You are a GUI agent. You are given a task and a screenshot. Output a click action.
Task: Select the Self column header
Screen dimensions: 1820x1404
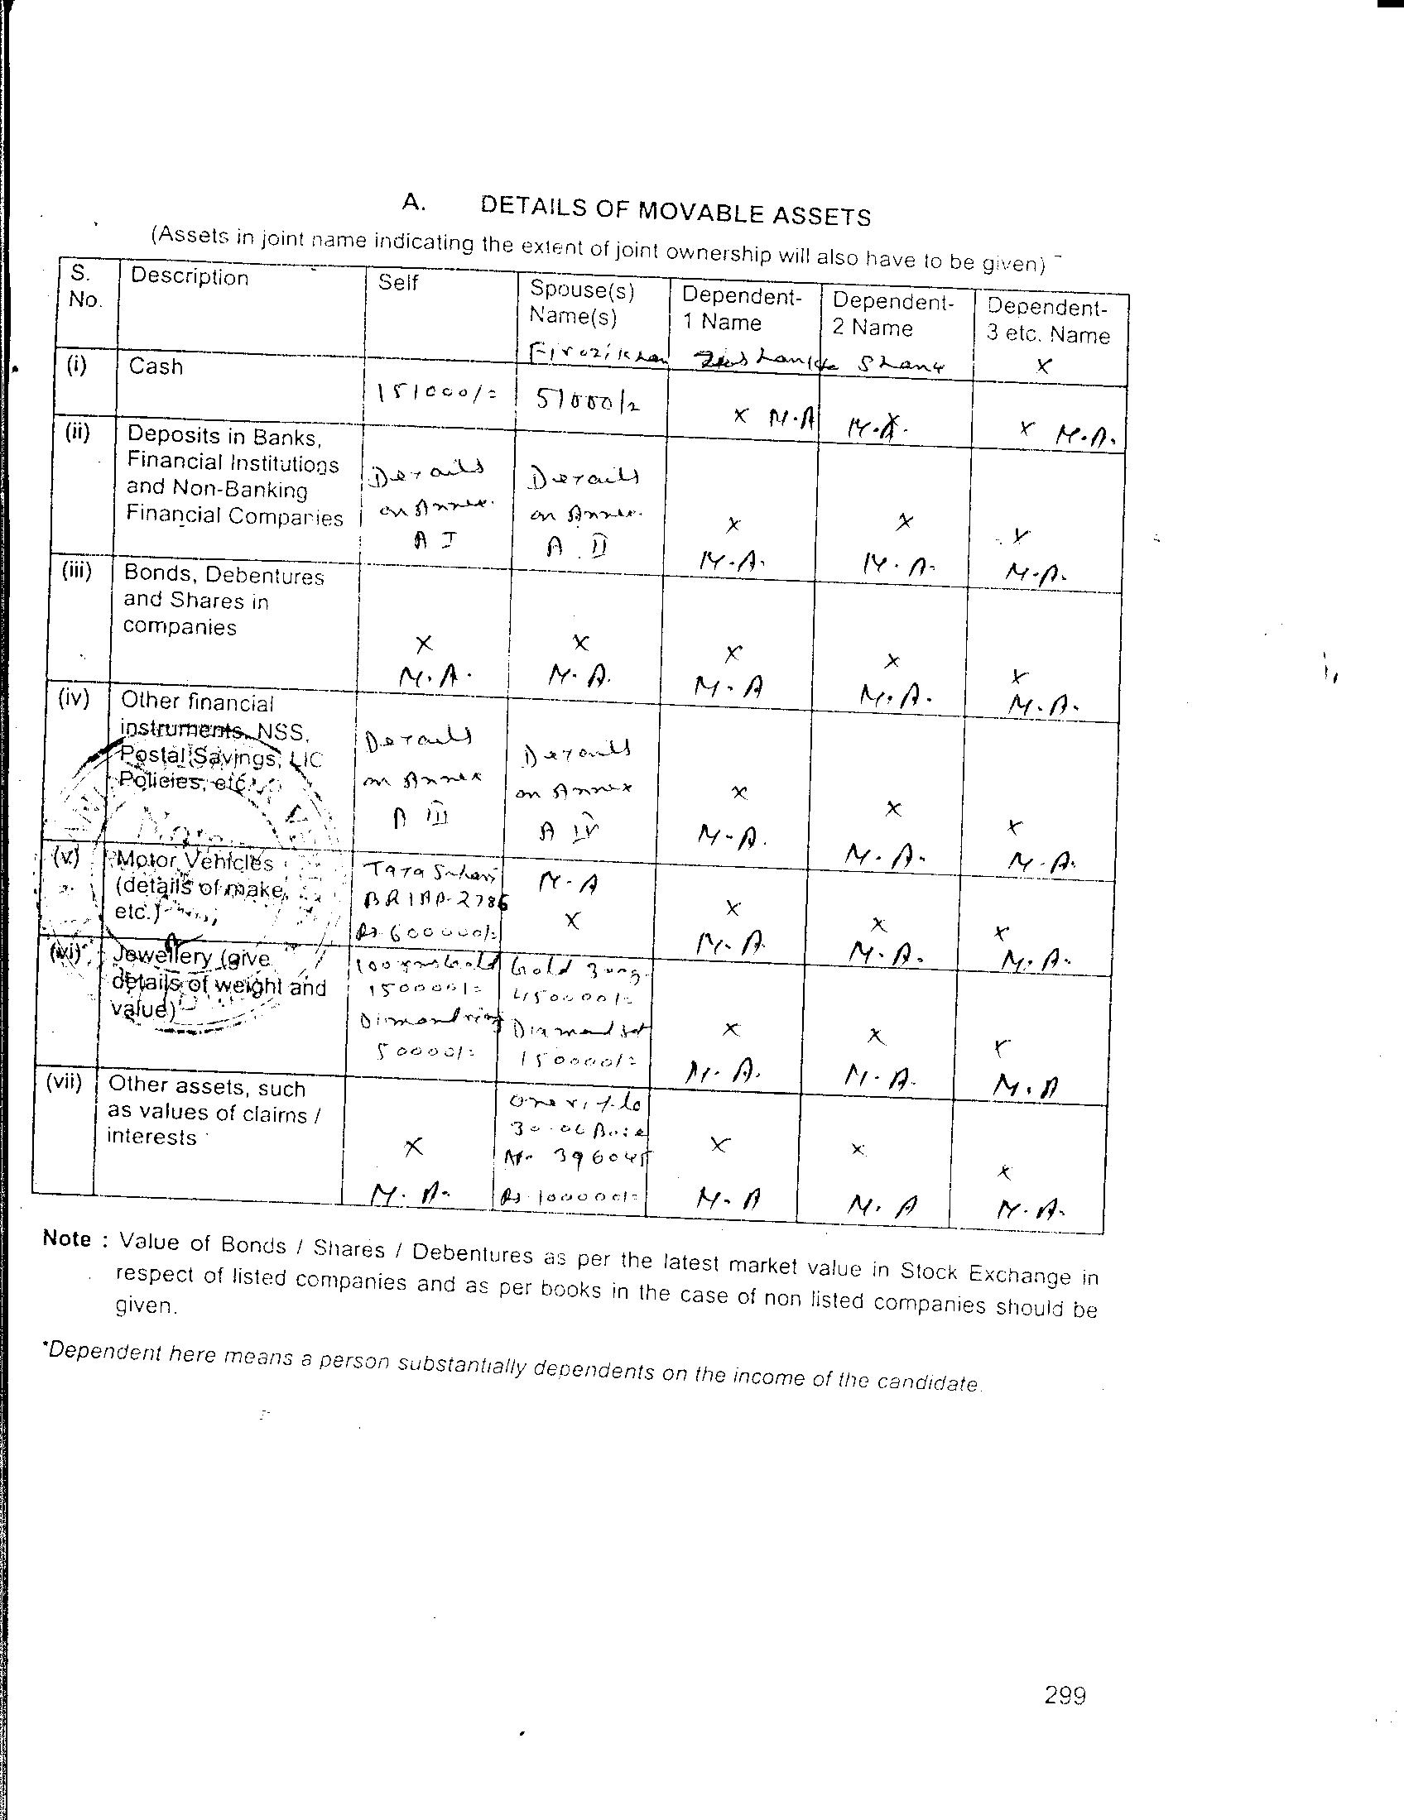(397, 282)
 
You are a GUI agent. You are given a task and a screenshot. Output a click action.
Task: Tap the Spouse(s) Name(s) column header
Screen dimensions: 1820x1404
(582, 302)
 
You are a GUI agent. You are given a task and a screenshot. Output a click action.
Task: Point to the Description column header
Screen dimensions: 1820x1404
(190, 277)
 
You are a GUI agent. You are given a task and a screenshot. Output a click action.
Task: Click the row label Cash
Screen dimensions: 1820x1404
(156, 366)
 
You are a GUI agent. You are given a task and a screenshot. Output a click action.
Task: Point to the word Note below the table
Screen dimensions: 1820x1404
(67, 1238)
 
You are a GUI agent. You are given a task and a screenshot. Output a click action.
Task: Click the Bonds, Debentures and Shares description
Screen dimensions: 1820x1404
(223, 601)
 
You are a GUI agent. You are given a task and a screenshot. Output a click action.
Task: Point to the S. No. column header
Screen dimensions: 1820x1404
(84, 287)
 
